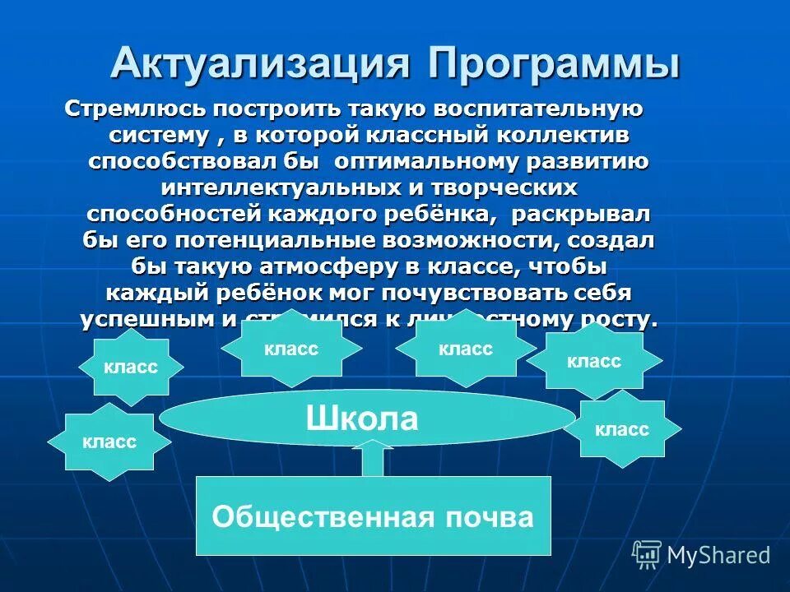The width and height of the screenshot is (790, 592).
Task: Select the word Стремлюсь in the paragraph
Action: pos(134,109)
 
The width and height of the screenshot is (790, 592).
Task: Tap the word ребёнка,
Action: pos(432,214)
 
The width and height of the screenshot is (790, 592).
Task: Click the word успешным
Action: pos(145,320)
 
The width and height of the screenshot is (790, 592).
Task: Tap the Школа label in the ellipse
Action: pos(362,419)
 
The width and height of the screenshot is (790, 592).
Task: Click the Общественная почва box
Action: pos(373,516)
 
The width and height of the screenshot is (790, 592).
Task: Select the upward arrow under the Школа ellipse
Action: pos(373,459)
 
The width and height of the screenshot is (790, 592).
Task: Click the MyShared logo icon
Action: pos(647,555)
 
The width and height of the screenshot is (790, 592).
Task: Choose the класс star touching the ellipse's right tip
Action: pos(622,428)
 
